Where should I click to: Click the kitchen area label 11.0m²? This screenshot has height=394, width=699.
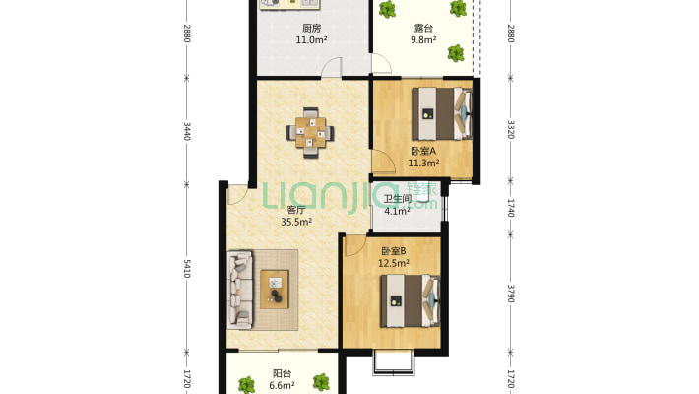click(x=312, y=40)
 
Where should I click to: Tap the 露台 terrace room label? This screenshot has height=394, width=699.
click(x=423, y=29)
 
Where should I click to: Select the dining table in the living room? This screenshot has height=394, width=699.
click(x=310, y=133)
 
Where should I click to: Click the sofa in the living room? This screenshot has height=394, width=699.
click(x=240, y=290)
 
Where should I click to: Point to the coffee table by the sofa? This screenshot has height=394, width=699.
click(x=275, y=290)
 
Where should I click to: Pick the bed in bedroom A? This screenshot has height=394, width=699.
click(x=442, y=113)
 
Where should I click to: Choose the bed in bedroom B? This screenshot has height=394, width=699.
click(x=411, y=300)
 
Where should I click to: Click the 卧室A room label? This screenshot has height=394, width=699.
click(x=423, y=151)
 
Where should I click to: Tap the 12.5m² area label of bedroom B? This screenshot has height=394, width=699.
click(x=394, y=263)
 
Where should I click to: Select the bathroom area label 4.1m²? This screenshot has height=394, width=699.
click(x=397, y=211)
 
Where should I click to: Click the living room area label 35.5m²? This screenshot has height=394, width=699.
click(x=296, y=222)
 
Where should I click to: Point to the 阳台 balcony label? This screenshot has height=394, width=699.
click(x=283, y=373)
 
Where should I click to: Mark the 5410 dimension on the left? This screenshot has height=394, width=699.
click(x=187, y=268)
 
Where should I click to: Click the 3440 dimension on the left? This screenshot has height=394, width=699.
click(x=187, y=131)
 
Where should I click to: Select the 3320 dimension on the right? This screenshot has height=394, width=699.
click(x=511, y=129)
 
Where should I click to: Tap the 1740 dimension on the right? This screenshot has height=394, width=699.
click(x=511, y=208)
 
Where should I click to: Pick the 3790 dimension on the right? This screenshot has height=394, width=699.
click(x=511, y=294)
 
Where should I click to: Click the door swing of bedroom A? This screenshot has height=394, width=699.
click(x=384, y=162)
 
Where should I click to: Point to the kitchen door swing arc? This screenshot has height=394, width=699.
click(x=332, y=67)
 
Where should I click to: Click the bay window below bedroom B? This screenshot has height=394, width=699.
click(x=394, y=362)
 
